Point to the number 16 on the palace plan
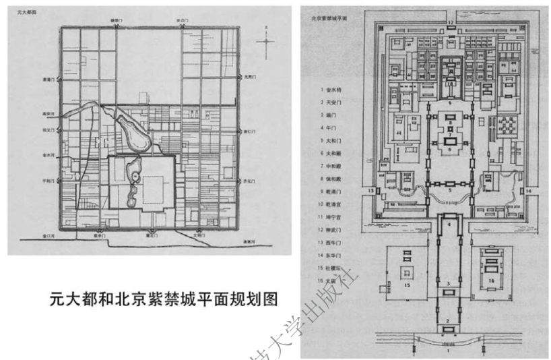(x=490, y=277)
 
